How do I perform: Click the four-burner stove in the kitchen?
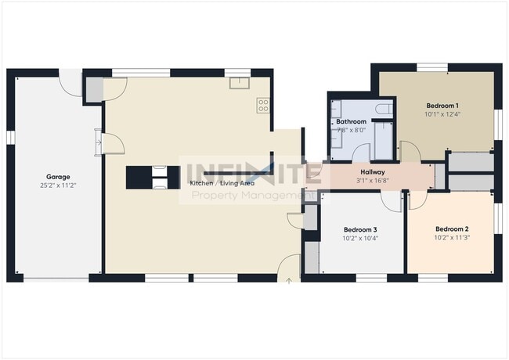[x=263, y=104]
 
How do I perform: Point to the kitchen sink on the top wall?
[x=236, y=82]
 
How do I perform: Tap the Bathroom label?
[x=351, y=122]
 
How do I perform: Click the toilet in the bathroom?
[x=383, y=110]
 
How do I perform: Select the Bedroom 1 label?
[x=442, y=106]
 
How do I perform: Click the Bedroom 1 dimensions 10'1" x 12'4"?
[x=442, y=114]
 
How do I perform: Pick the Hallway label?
[x=372, y=172]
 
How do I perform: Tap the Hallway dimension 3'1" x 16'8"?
[x=372, y=181]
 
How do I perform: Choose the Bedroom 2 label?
[x=452, y=229]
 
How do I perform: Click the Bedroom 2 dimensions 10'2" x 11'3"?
[x=452, y=238]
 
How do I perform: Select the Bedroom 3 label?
[x=359, y=229]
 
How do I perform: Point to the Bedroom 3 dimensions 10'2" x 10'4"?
[x=359, y=238]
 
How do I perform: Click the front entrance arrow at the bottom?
[x=289, y=278]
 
